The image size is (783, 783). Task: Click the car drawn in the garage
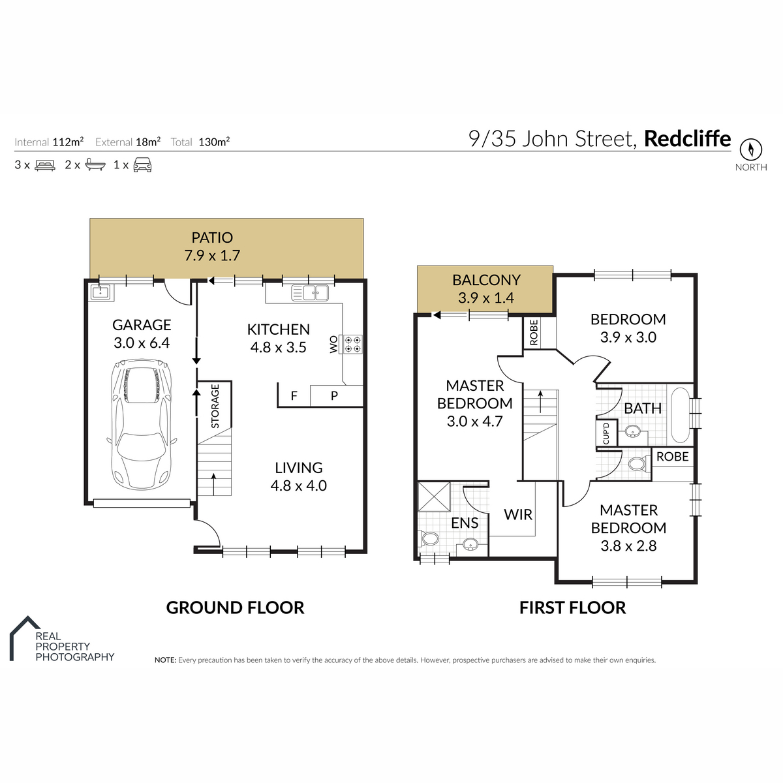click(x=142, y=424)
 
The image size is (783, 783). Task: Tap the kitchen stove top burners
click(x=352, y=344)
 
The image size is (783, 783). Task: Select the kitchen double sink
click(x=310, y=292)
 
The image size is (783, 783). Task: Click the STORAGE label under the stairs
click(x=215, y=406)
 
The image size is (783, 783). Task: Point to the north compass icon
click(x=750, y=149)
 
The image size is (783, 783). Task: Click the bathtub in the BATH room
click(x=680, y=415)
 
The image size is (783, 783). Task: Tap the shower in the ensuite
click(x=433, y=496)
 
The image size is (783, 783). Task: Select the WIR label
click(x=517, y=514)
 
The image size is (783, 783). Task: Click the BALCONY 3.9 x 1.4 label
click(x=486, y=289)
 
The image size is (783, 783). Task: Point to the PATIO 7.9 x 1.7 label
click(x=212, y=246)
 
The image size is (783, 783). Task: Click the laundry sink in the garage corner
click(x=100, y=292)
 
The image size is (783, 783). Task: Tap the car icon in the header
click(x=142, y=165)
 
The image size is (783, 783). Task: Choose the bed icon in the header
click(x=45, y=165)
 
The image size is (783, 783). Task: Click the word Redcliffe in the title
click(x=688, y=138)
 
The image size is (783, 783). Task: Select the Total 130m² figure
click(x=200, y=142)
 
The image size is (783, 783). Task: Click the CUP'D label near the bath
click(x=606, y=433)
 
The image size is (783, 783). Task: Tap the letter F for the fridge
click(x=294, y=395)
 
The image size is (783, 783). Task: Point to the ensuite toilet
click(x=429, y=539)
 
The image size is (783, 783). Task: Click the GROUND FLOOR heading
click(x=235, y=608)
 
